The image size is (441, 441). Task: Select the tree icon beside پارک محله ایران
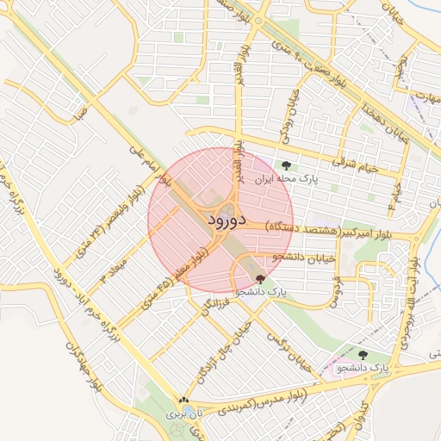(x=285, y=165)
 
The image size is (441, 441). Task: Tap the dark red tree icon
(x=261, y=278)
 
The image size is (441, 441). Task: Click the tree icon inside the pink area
(x=362, y=354)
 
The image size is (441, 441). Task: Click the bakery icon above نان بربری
(x=183, y=401)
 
